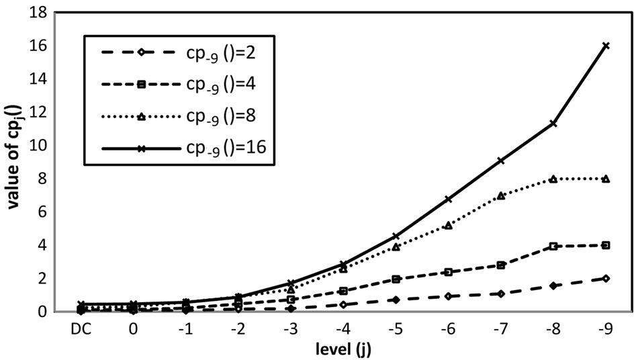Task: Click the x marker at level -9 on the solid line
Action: [x=606, y=46]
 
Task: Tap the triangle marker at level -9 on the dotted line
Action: [x=606, y=179]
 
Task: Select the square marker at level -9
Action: [x=606, y=245]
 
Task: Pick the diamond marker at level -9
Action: [x=606, y=278]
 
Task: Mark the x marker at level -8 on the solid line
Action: [x=553, y=124]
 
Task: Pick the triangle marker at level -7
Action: [x=501, y=195]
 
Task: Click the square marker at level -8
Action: [x=553, y=246]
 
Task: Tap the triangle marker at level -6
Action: [x=449, y=225]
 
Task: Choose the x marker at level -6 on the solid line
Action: [x=449, y=199]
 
